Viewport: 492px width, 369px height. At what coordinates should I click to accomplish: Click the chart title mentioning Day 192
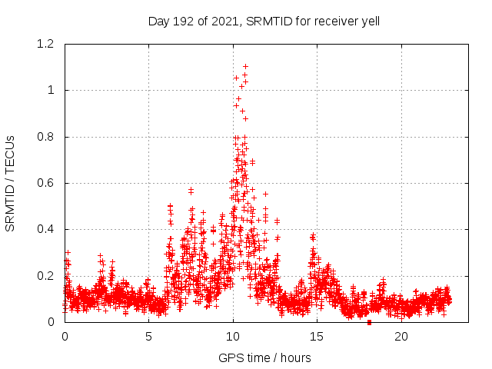click(x=264, y=22)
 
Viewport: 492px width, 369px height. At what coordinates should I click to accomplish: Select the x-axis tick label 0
click(x=65, y=337)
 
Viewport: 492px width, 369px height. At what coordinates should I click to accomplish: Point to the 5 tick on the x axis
click(x=148, y=337)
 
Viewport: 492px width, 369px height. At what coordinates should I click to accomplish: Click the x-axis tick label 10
click(x=233, y=337)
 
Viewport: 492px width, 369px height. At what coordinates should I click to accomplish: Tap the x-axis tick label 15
click(x=317, y=337)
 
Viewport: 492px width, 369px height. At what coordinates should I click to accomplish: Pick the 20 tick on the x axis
click(x=401, y=337)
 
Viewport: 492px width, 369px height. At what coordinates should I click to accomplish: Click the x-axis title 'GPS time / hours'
click(x=264, y=357)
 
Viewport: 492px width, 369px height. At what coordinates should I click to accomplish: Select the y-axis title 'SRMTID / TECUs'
click(x=11, y=183)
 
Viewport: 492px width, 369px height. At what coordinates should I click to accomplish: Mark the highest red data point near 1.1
click(x=245, y=66)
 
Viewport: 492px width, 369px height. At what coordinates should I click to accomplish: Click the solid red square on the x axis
click(x=369, y=322)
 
